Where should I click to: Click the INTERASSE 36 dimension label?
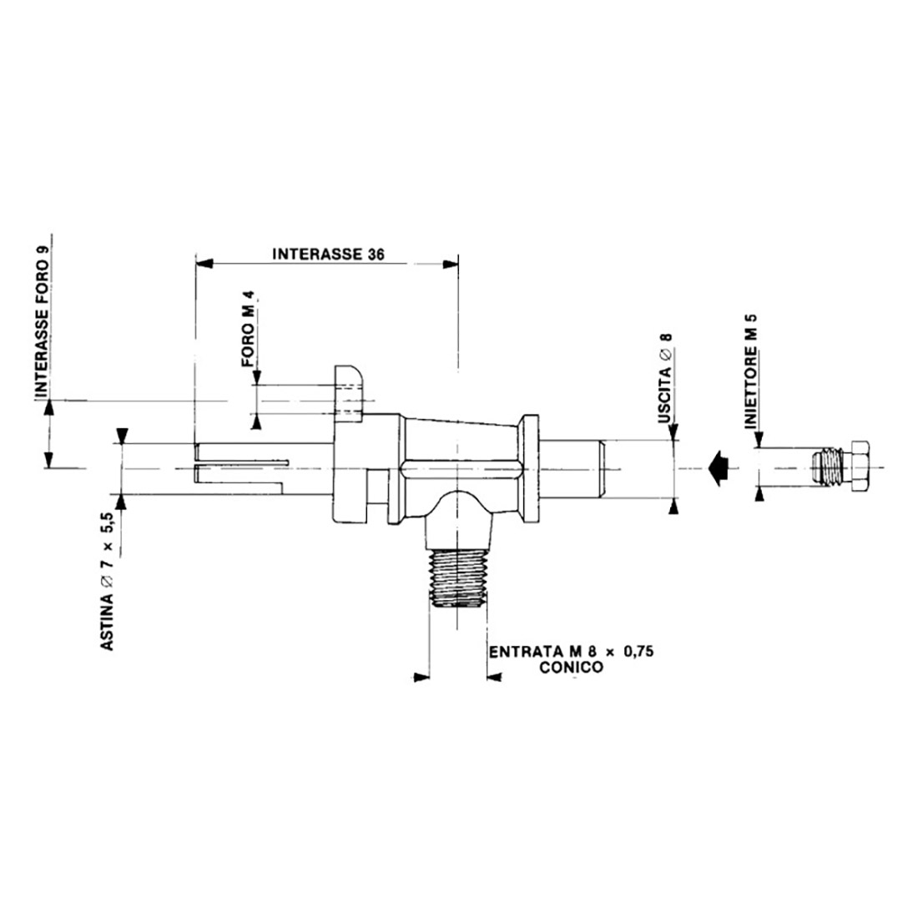[x=328, y=255]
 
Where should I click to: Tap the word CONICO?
[x=571, y=668]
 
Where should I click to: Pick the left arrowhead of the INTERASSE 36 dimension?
[x=203, y=263]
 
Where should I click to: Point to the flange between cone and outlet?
[x=529, y=467]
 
